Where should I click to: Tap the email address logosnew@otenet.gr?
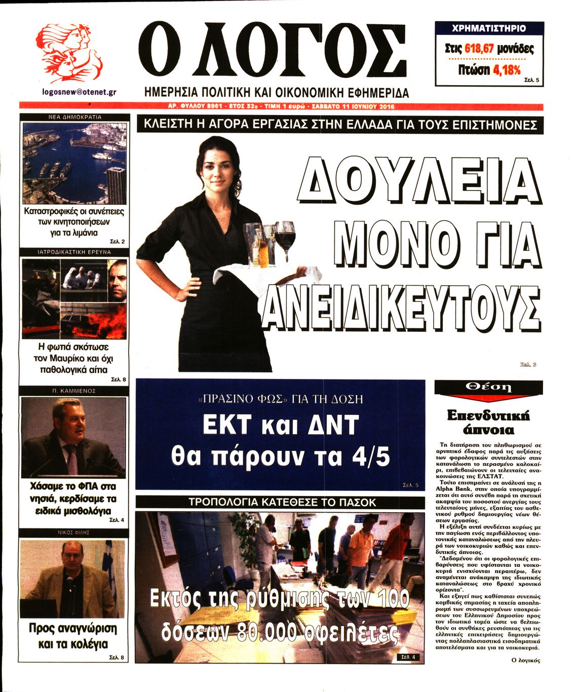coord(80,92)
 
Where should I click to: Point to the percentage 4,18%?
coord(507,69)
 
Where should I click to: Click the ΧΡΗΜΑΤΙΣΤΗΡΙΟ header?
coord(489,28)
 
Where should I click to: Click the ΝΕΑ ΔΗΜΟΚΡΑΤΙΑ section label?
coord(74,117)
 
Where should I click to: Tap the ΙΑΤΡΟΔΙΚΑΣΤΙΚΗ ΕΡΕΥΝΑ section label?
coord(74,252)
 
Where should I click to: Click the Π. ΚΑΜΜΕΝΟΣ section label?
coord(74,391)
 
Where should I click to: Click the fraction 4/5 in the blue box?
coord(371,456)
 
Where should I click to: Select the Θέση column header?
coord(488,388)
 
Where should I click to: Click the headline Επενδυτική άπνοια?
coord(488,422)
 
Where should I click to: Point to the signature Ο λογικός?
coord(526,660)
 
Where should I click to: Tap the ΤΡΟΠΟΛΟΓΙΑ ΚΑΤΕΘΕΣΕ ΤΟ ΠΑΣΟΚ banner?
coord(282,503)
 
